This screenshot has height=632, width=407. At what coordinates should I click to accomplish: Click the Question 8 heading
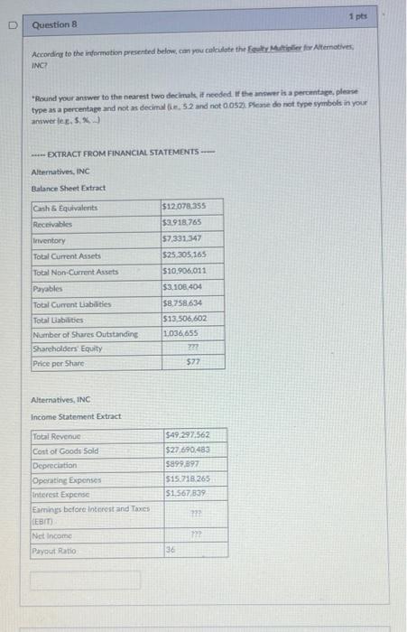(56, 26)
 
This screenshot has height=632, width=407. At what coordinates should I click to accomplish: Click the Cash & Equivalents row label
(65, 209)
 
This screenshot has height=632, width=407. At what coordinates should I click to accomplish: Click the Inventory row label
(50, 240)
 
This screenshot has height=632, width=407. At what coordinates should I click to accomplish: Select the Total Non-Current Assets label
(76, 272)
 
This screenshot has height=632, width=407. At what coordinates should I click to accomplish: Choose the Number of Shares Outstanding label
(86, 333)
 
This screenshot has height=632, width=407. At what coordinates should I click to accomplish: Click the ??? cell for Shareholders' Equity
(191, 349)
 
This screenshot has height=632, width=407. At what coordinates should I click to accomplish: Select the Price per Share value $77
(191, 363)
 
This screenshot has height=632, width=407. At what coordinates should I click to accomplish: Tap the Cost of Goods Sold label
(66, 451)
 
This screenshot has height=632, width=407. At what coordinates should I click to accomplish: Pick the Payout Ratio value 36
(171, 550)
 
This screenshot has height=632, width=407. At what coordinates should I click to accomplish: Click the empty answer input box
(86, 580)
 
